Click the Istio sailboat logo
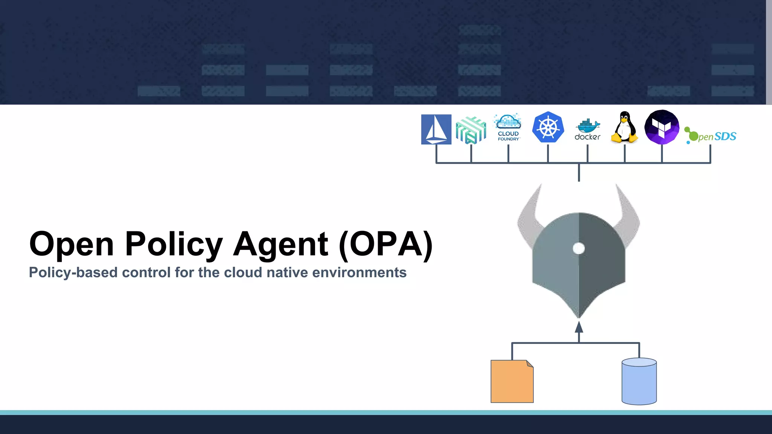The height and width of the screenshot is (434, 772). pyautogui.click(x=436, y=129)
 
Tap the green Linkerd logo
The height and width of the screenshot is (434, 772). pyautogui.click(x=471, y=130)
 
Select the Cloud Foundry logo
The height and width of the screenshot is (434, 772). pyautogui.click(x=508, y=127)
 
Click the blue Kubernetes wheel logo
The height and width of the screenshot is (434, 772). pyautogui.click(x=548, y=127)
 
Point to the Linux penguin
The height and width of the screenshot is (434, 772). pyautogui.click(x=625, y=127)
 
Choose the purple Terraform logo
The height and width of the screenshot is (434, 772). pyautogui.click(x=662, y=127)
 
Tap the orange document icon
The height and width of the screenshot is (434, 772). pyautogui.click(x=512, y=381)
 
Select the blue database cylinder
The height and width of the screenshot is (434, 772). pyautogui.click(x=639, y=381)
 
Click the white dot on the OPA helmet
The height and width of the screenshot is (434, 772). pyautogui.click(x=579, y=248)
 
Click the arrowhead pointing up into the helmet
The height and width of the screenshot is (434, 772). pyautogui.click(x=579, y=327)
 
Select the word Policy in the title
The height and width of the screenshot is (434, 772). pyautogui.click(x=174, y=244)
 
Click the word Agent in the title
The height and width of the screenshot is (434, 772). pyautogui.click(x=280, y=244)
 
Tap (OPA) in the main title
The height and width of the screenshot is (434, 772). pyautogui.click(x=386, y=244)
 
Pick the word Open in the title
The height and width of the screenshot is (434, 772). pyautogui.click(x=72, y=244)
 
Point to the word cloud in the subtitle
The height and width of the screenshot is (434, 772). pyautogui.click(x=243, y=272)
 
